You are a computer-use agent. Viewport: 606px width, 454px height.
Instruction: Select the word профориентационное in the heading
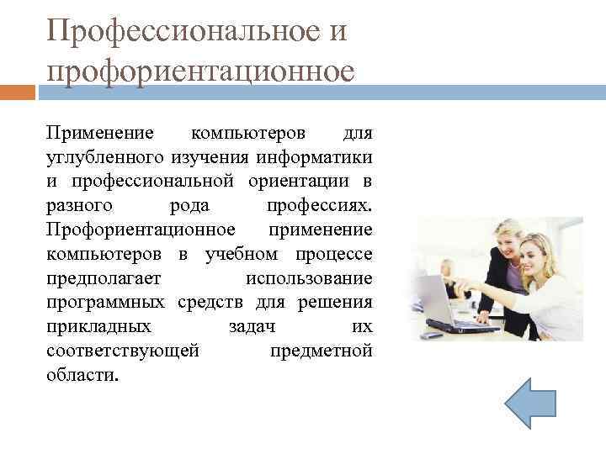200,71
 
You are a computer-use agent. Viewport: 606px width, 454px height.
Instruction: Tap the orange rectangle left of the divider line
18,91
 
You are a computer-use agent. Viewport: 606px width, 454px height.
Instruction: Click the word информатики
326,157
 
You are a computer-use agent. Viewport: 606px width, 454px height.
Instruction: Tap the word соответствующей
123,350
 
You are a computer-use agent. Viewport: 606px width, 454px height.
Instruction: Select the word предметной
321,350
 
